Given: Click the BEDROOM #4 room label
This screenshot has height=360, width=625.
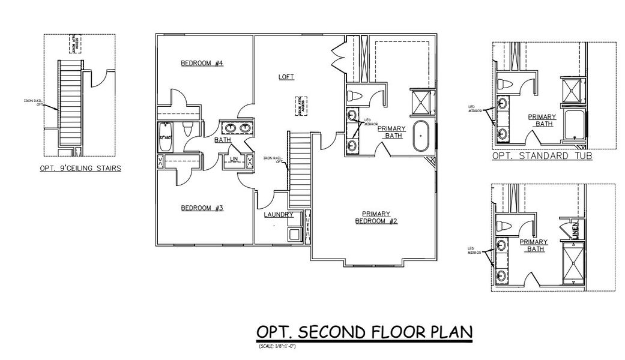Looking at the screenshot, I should click(202, 63).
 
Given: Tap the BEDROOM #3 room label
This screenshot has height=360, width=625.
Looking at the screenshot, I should click(202, 208).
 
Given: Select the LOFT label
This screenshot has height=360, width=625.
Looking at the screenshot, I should click(286, 77).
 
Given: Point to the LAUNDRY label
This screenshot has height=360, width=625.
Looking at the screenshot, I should click(279, 214).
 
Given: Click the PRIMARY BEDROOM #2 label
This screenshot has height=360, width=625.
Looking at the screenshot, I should click(376, 217).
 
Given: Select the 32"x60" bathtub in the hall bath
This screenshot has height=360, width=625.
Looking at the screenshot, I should click(166, 137).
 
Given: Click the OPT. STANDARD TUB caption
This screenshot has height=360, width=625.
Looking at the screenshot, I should click(542, 155).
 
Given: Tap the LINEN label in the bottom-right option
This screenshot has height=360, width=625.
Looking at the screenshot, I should click(575, 230).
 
